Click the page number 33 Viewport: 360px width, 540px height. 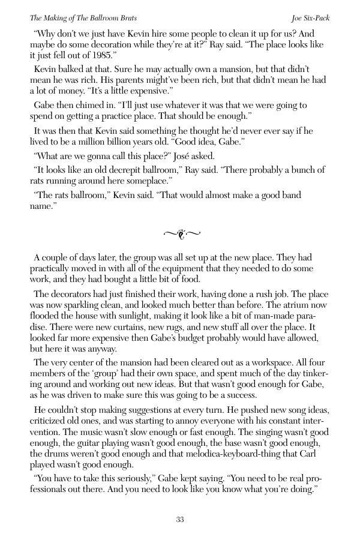click(x=179, y=519)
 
